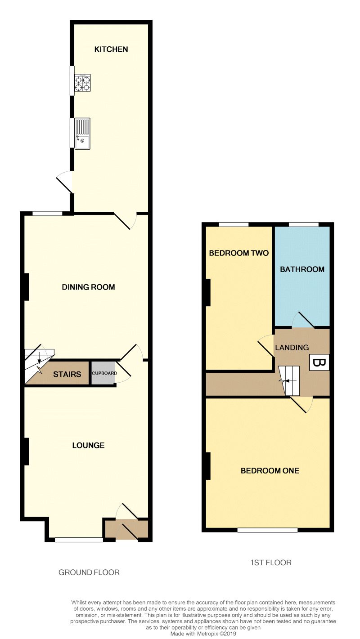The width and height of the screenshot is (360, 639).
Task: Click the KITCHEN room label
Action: [x=111, y=49]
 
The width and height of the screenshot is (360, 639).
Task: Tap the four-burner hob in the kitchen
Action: [x=82, y=83]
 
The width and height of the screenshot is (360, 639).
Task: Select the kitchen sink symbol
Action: [x=82, y=133]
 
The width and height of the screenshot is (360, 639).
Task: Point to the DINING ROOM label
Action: [x=88, y=287]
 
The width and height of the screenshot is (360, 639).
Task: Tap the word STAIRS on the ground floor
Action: [x=67, y=374]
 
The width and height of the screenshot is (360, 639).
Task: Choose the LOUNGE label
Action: [x=88, y=445]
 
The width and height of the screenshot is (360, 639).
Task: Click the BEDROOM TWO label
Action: [x=239, y=253]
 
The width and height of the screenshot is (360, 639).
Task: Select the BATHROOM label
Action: [x=302, y=269]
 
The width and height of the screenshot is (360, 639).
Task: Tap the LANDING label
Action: [x=292, y=347]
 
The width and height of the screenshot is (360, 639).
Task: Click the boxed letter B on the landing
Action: [x=319, y=362]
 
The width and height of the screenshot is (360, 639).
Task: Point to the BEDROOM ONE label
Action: [x=270, y=471]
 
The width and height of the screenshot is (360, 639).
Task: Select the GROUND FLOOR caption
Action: [x=89, y=572]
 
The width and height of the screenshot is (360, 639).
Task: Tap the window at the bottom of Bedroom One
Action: [x=267, y=530]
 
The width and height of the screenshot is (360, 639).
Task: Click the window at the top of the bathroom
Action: [x=303, y=224]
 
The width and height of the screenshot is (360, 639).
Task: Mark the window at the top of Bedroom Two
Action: [x=234, y=224]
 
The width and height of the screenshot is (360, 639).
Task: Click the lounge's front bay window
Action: [x=79, y=540]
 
